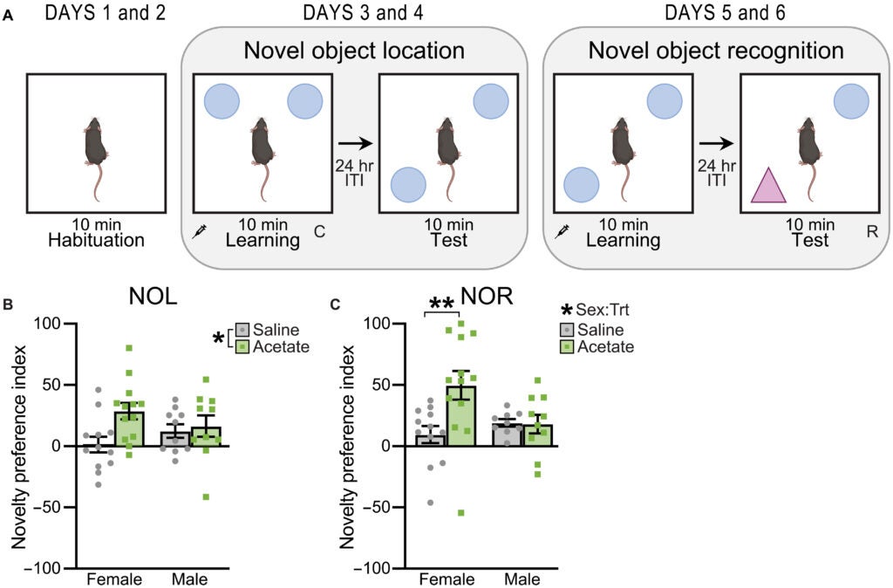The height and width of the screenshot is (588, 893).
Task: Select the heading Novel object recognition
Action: click(x=716, y=51)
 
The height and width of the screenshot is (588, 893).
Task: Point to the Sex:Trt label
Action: click(x=603, y=311)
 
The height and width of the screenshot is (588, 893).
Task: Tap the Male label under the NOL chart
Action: click(x=188, y=579)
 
